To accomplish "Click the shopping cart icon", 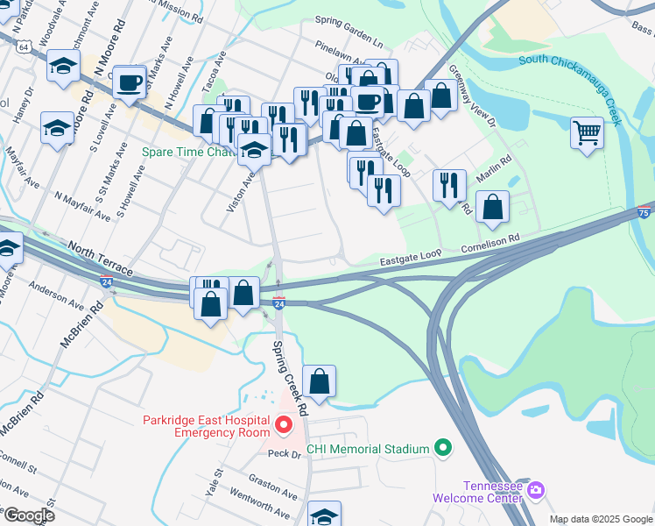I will [x=587, y=133].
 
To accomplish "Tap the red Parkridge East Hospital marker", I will [x=284, y=426].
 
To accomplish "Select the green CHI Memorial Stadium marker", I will [x=443, y=449].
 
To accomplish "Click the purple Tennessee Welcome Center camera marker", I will [x=537, y=487].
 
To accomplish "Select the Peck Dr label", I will [x=284, y=453].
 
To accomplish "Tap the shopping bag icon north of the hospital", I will [x=320, y=381].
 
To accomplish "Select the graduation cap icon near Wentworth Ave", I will [x=323, y=515].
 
